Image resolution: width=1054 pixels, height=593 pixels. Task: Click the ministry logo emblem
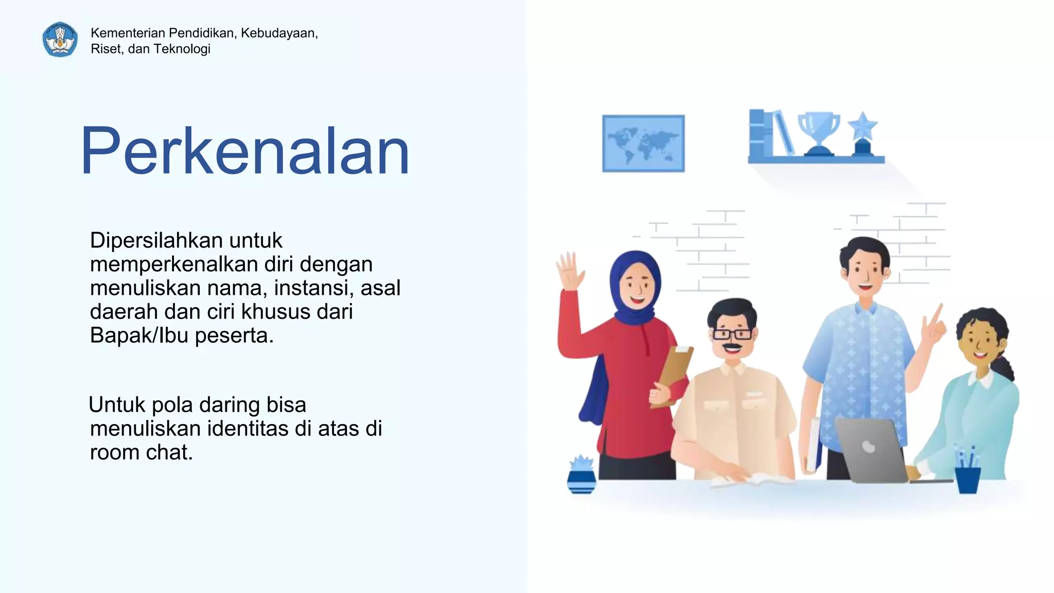click(60, 40)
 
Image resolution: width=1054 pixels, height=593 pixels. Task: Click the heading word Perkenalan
click(245, 151)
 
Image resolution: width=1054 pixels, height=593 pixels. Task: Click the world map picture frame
click(643, 143)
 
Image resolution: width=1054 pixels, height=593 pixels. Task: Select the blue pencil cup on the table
click(968, 479)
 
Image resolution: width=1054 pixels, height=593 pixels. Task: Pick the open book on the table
click(751, 481)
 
